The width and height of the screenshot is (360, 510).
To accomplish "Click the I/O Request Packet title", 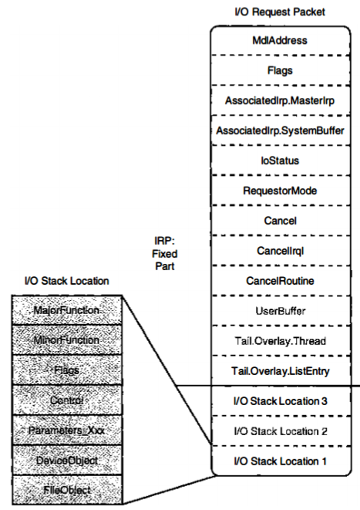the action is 280,12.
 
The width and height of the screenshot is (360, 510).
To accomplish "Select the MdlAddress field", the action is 280,40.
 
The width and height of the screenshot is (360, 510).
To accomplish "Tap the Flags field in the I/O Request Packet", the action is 280,70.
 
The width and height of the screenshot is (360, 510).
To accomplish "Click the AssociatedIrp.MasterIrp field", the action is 280,100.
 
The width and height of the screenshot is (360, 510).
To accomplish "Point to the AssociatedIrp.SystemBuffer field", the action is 280,130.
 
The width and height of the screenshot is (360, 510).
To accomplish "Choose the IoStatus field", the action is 280,160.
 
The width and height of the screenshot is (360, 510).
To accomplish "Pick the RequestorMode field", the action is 280,191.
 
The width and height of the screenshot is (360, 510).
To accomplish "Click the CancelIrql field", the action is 280,251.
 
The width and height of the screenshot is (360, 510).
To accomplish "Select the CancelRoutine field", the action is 280,281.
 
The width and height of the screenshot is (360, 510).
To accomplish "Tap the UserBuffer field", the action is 280,311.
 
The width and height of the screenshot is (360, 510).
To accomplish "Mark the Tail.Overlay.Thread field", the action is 280,341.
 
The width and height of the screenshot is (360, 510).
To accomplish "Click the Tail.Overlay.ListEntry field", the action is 280,371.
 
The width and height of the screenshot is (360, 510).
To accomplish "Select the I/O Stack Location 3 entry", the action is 280,401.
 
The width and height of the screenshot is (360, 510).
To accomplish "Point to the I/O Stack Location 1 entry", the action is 280,461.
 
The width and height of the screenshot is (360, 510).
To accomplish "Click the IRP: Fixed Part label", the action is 165,254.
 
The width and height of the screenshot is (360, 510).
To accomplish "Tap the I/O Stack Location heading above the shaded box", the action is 66,281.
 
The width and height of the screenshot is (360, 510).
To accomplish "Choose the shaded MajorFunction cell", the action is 67,310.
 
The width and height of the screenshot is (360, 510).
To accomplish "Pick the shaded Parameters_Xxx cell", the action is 67,431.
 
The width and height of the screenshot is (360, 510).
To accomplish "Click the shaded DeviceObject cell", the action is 67,461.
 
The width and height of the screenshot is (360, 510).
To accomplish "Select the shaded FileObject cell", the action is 67,490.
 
